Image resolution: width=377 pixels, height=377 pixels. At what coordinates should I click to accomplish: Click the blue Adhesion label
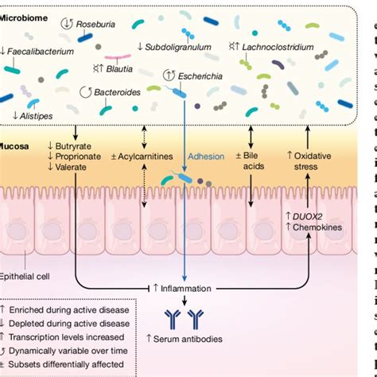pyautogui.click(x=206, y=157)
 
